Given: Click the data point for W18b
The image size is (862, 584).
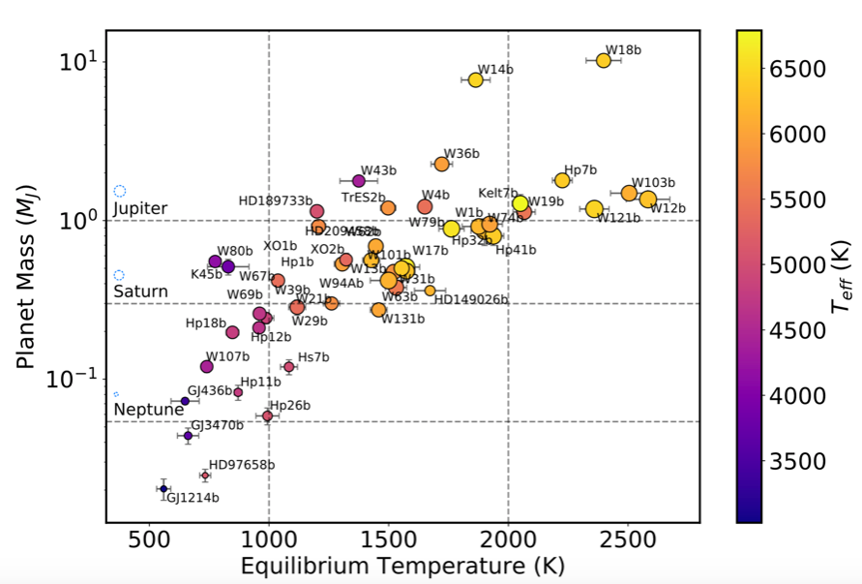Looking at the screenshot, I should [x=604, y=60].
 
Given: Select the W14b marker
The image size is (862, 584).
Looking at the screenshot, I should [x=475, y=79].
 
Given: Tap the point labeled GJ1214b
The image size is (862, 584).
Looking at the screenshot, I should [x=163, y=488].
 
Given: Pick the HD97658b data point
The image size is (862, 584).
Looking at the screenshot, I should [x=205, y=476].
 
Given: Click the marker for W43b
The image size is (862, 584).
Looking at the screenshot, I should [x=359, y=181].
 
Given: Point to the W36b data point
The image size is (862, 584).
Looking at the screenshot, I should [x=441, y=164].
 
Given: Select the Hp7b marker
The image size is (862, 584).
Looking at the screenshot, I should [x=562, y=180].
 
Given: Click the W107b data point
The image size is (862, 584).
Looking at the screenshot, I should [x=206, y=366].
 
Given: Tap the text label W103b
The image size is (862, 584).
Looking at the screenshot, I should [x=653, y=182].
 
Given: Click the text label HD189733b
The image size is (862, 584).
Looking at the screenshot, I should [x=275, y=200].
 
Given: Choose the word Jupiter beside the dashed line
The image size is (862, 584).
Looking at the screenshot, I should [x=140, y=208].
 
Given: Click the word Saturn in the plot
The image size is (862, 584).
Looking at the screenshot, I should [x=140, y=292].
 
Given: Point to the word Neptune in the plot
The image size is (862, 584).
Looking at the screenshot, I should [x=148, y=410].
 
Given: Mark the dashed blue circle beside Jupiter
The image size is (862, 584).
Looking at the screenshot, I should [x=120, y=192].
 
